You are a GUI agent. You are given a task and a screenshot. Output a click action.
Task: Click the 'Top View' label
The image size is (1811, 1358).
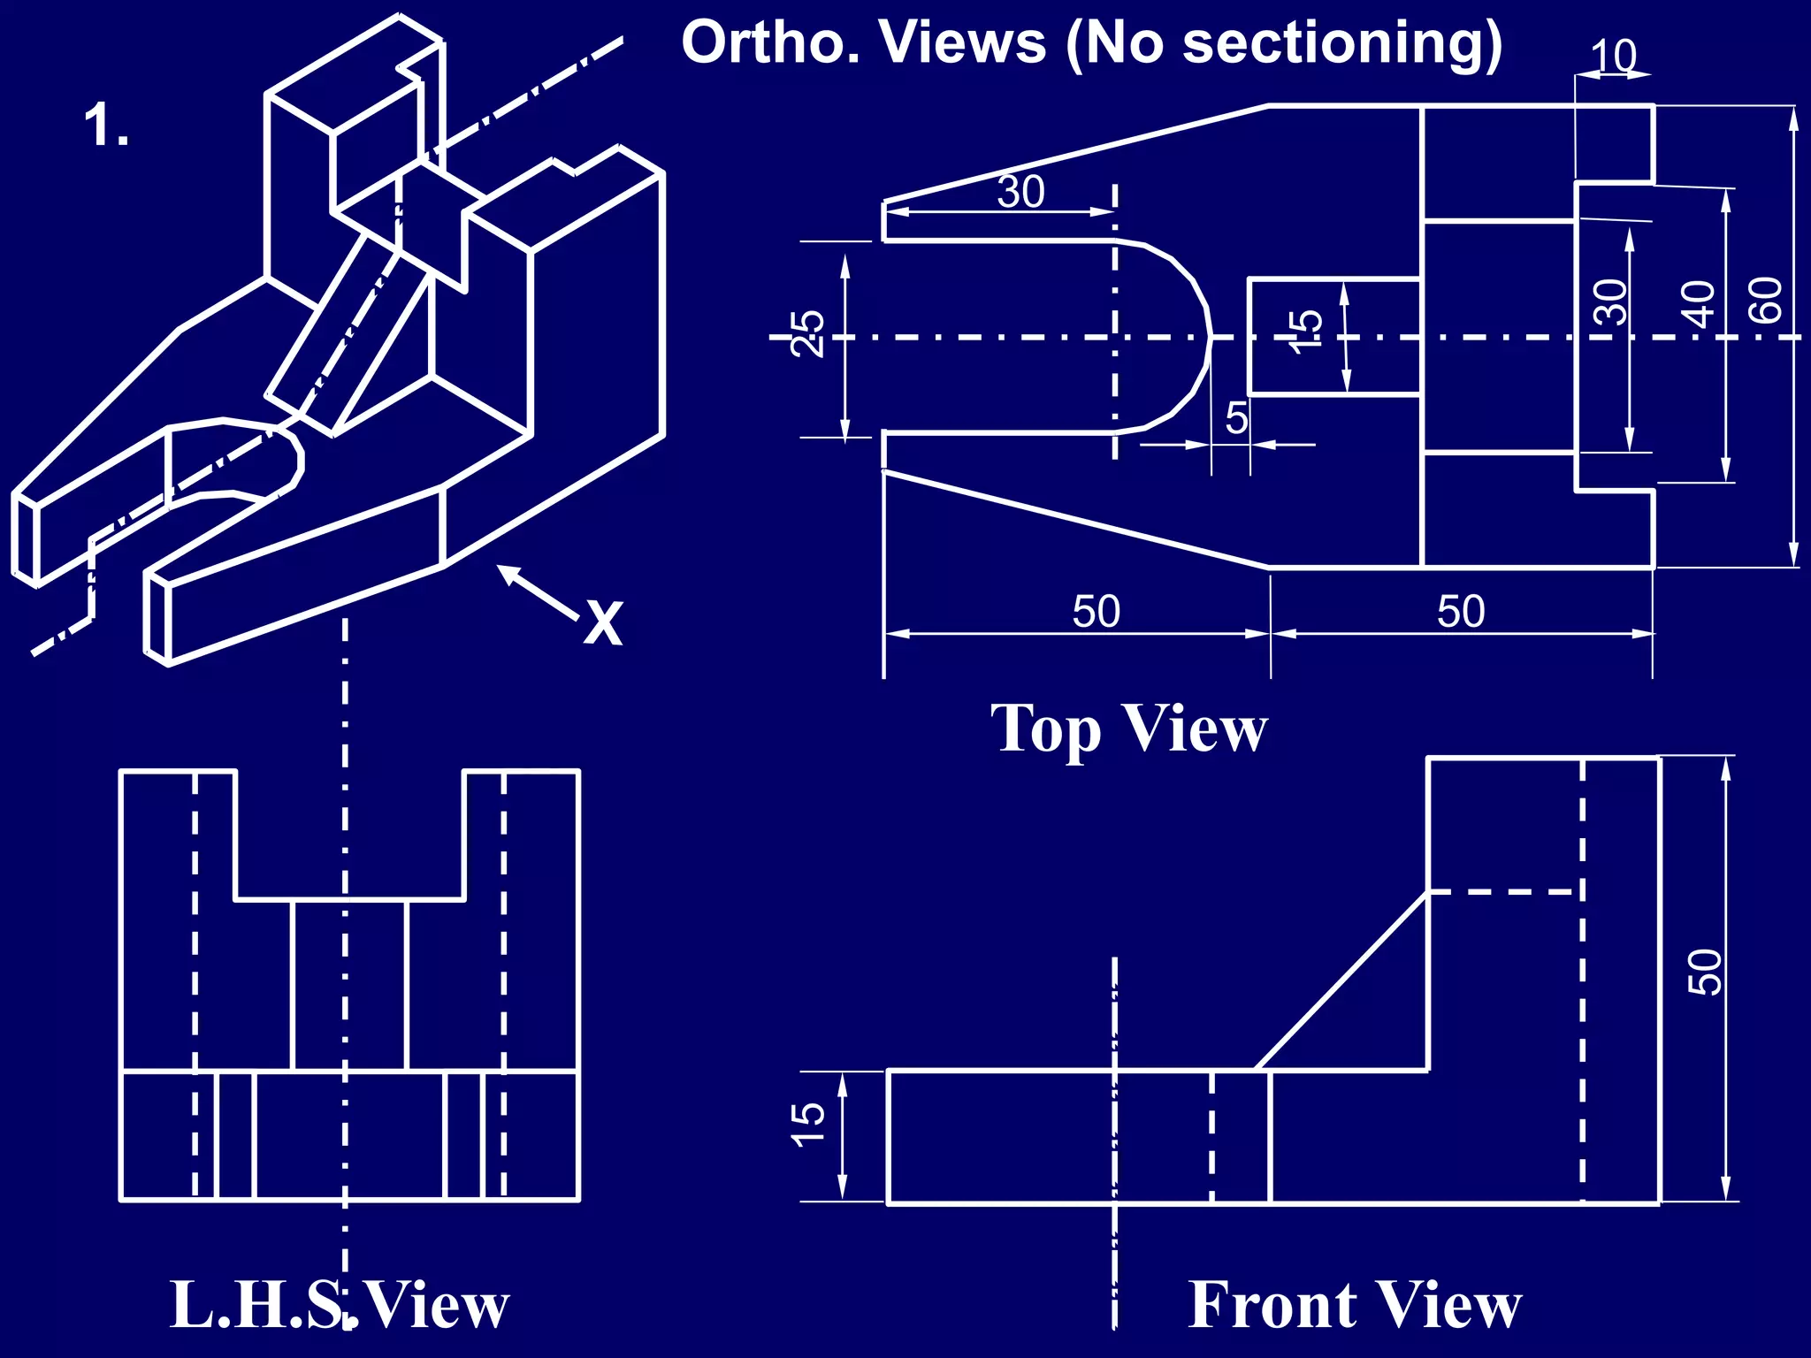pos(1129,729)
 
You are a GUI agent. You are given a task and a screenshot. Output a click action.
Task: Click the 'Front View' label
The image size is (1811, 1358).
pos(1354,1305)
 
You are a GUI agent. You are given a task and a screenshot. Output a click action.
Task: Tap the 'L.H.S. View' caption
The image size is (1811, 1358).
pos(340,1305)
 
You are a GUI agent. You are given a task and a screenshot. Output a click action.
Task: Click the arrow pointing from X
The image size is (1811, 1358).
pos(537,592)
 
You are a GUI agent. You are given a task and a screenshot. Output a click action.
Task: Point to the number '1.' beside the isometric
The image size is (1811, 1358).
pos(106,126)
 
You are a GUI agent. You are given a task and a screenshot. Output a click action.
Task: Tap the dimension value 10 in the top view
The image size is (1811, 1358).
pos(1614,57)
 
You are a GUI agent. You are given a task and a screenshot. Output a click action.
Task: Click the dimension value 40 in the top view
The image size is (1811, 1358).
pos(1699,303)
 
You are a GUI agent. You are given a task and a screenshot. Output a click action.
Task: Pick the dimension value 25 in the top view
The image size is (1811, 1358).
pos(807,334)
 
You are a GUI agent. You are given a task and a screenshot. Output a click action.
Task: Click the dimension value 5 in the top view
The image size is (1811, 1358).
pos(1236,418)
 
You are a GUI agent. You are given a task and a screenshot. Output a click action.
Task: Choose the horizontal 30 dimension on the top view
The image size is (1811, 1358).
pos(1021,192)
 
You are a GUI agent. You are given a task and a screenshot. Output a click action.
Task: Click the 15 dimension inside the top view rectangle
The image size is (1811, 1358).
pos(1307,332)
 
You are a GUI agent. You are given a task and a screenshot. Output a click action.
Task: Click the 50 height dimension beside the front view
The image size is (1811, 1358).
pos(1705,973)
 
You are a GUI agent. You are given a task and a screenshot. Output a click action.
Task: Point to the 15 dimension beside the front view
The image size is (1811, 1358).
pos(807,1125)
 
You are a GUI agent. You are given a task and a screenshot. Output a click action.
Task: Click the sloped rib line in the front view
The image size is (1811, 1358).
pos(1342,981)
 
